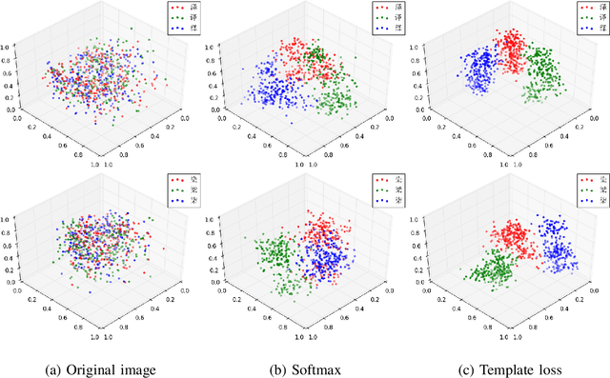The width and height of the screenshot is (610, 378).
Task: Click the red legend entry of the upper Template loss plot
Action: coord(589,7)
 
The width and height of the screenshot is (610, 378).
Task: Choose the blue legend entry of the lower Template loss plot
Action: coord(589,201)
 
